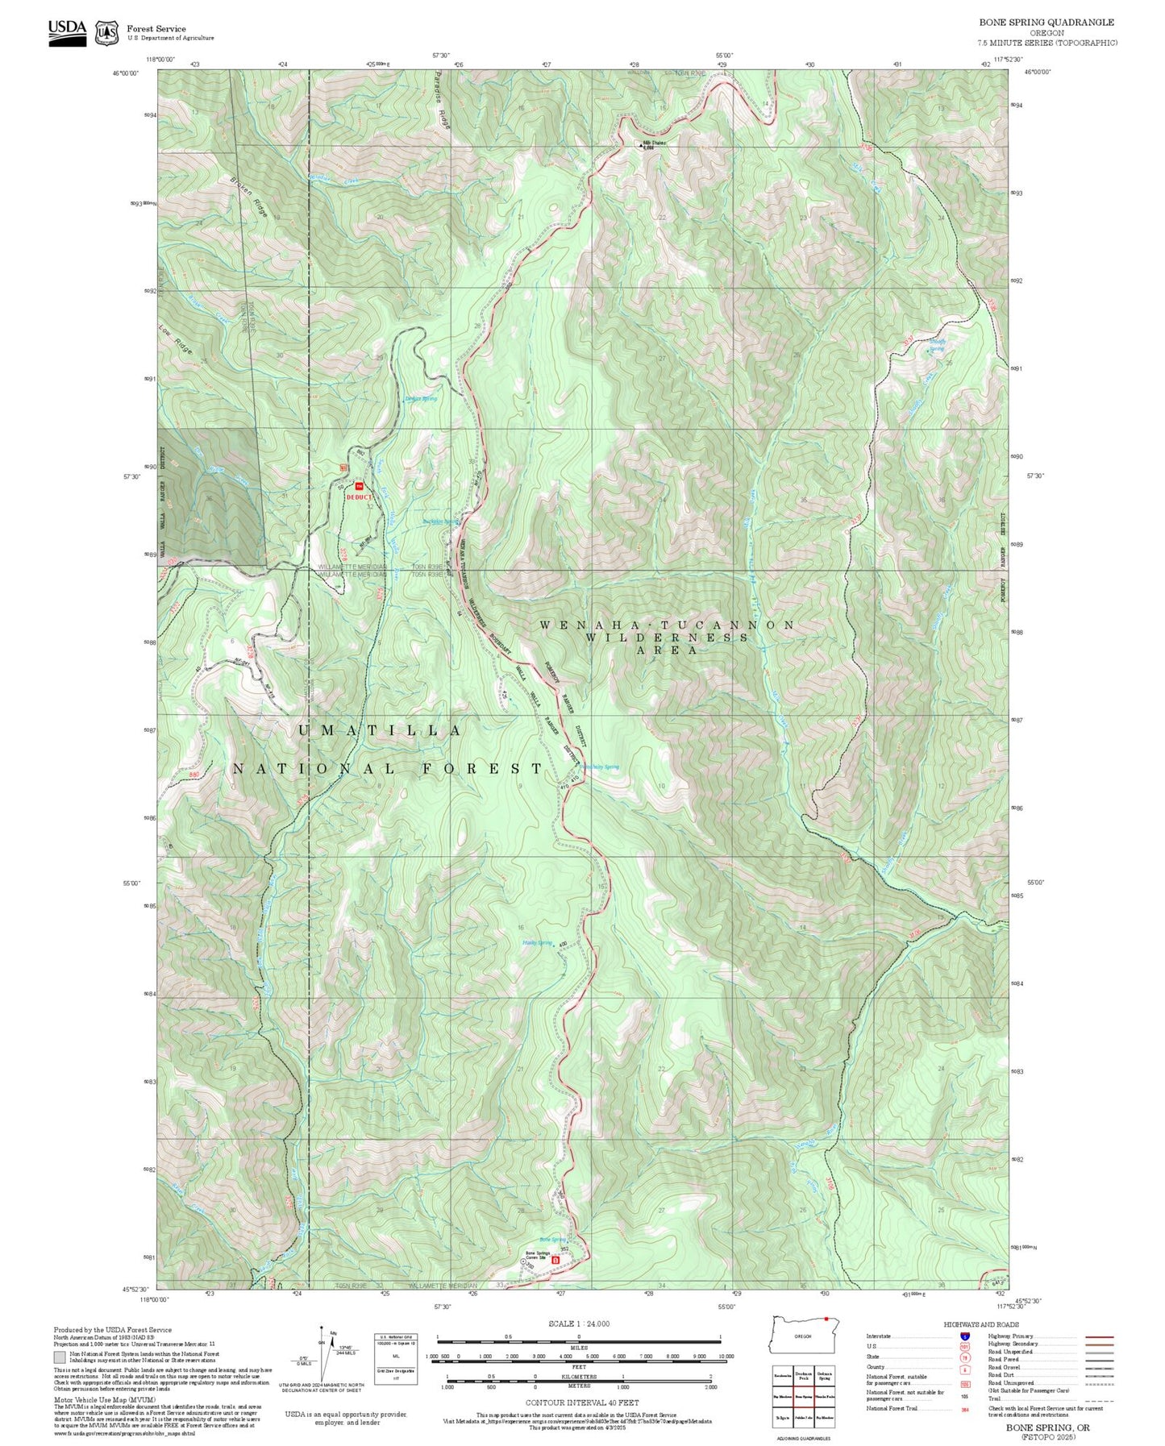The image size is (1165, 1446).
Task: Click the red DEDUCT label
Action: click(x=360, y=497)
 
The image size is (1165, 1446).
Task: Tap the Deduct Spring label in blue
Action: click(x=420, y=398)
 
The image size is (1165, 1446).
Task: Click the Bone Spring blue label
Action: click(x=552, y=1240)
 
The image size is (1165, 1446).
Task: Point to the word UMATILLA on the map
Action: click(x=380, y=730)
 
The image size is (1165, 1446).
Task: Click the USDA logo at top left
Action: click(x=67, y=31)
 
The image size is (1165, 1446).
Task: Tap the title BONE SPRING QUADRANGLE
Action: click(x=1046, y=23)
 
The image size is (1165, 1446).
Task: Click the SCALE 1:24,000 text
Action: click(x=578, y=1323)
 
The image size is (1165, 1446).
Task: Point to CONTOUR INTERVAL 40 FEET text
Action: click(x=582, y=1402)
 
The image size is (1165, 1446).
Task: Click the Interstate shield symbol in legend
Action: click(x=965, y=1336)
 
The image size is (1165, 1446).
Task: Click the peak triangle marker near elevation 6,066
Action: click(x=641, y=146)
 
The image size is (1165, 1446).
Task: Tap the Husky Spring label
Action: click(x=537, y=942)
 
